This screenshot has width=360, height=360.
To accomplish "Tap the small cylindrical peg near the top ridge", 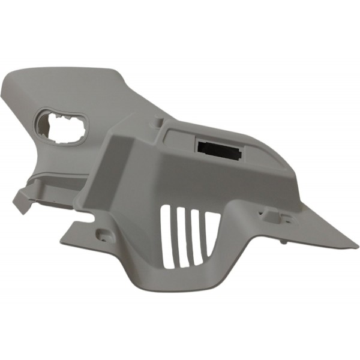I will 157,122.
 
